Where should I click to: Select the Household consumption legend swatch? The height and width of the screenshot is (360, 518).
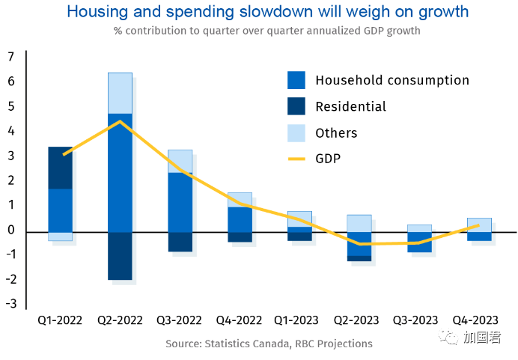296,80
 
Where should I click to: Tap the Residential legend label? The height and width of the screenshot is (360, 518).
350,106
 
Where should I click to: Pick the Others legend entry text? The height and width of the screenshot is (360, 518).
336,133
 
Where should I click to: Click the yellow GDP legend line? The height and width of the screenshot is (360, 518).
296,159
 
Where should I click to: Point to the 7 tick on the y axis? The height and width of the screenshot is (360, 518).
11,57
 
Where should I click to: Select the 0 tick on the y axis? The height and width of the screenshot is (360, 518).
11,230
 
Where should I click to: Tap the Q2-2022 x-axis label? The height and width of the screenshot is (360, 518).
120,320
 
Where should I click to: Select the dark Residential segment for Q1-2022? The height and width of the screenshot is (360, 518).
60,168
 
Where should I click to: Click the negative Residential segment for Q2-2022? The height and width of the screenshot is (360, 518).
120,255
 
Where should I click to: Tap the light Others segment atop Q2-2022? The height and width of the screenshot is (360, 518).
120,93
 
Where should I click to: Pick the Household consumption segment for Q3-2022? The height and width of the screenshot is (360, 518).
180,202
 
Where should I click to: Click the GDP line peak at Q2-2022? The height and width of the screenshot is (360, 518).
120,121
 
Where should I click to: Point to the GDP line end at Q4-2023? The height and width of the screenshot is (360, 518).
479,225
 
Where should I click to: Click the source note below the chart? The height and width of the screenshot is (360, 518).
269,344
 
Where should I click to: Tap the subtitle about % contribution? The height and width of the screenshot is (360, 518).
267,31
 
